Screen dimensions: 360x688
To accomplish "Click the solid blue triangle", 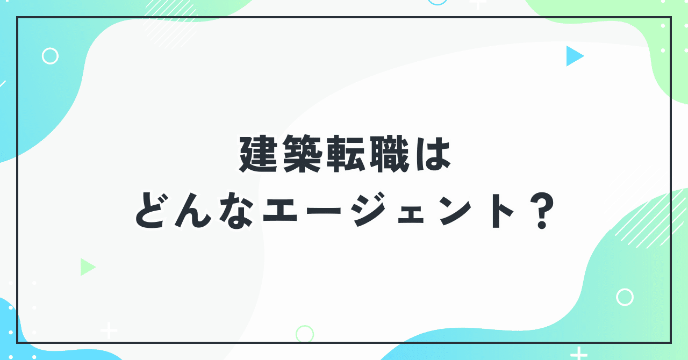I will (x=573, y=56).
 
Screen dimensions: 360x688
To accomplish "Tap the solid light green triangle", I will (x=87, y=267).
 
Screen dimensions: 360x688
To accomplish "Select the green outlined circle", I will (x=305, y=334).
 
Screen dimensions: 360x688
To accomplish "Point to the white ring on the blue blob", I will (x=50, y=56).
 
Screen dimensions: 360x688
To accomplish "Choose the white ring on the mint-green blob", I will (x=625, y=297).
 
